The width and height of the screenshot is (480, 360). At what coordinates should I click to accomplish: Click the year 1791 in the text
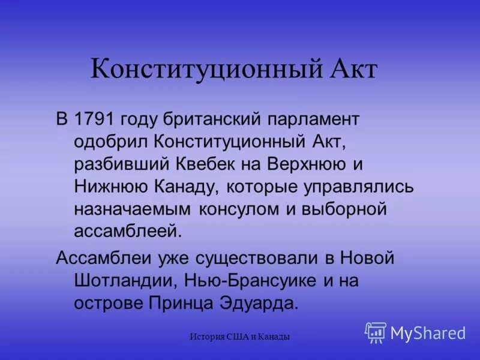tap(94, 119)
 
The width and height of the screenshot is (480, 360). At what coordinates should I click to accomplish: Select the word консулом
tap(240, 208)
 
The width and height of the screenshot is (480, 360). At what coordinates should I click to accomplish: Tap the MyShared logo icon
tap(376, 332)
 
